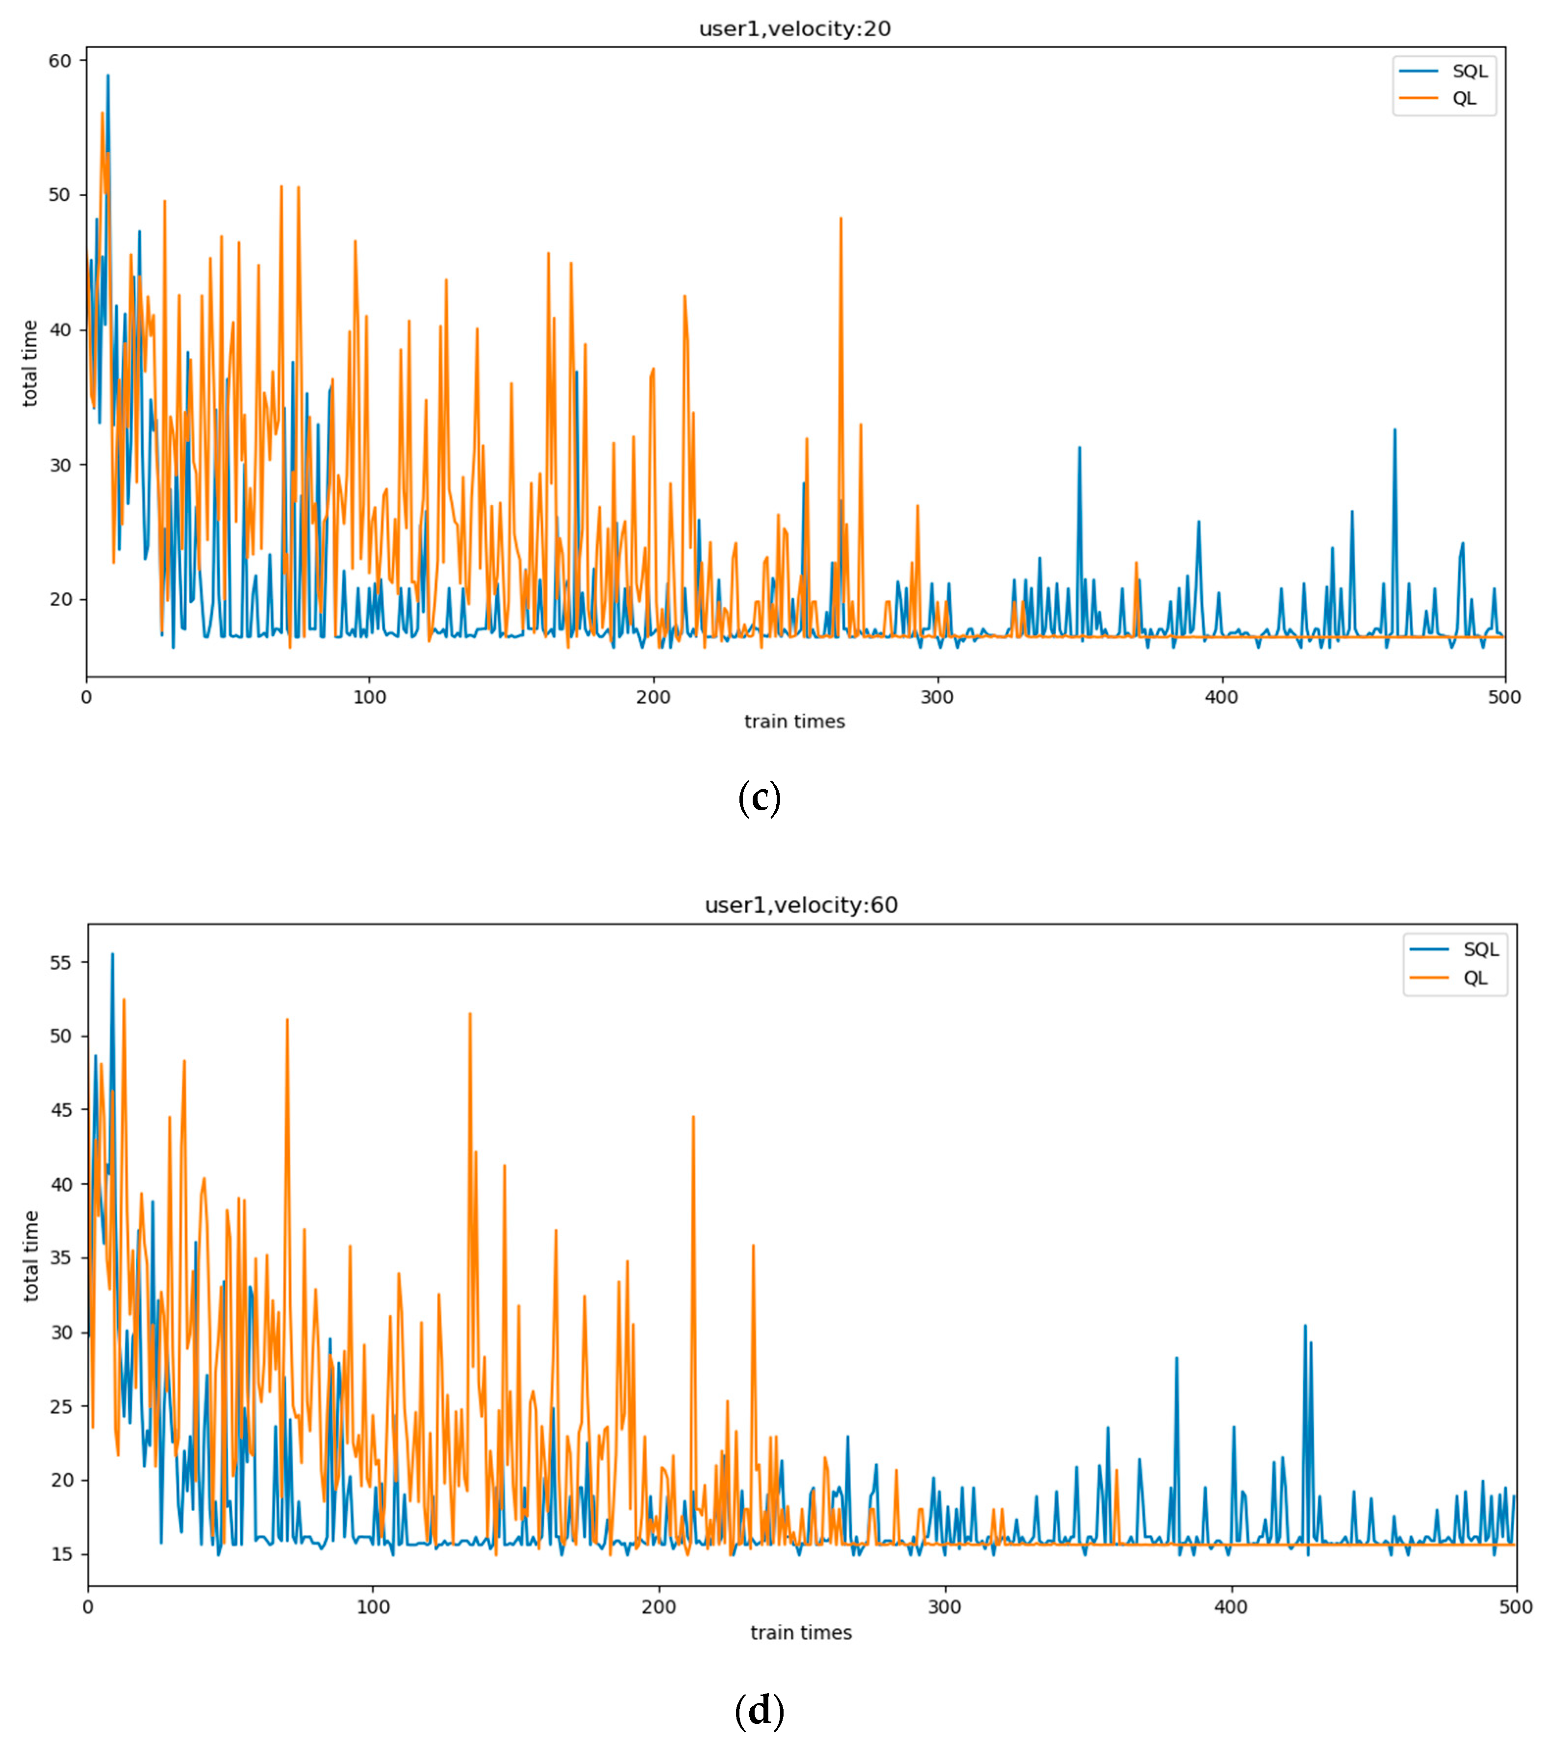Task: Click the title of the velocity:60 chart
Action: click(x=801, y=905)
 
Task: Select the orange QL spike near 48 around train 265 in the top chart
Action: click(x=840, y=219)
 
